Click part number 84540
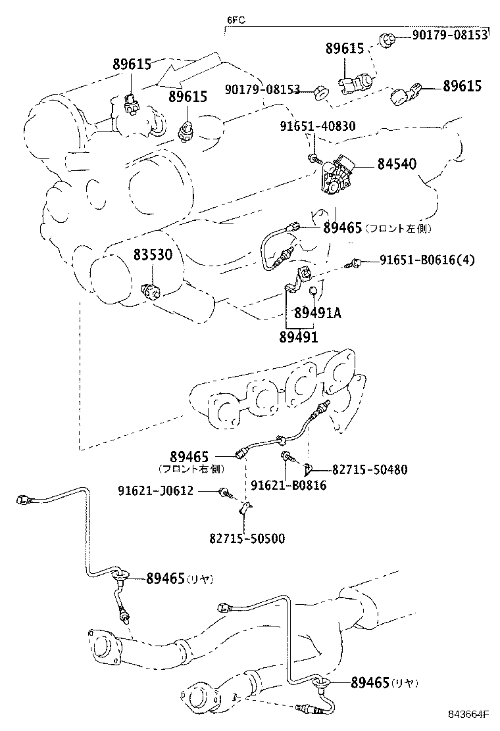pyautogui.click(x=397, y=164)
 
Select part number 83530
pyautogui.click(x=153, y=254)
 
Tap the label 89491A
pyautogui.click(x=317, y=313)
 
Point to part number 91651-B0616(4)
pyautogui.click(x=427, y=260)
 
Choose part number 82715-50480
pyautogui.click(x=370, y=469)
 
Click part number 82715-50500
pyautogui.click(x=247, y=539)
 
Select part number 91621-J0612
pyautogui.click(x=155, y=490)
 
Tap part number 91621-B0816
pyautogui.click(x=289, y=485)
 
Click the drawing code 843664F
pyautogui.click(x=468, y=715)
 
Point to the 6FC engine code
pyautogui.click(x=236, y=20)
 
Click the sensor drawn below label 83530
pyautogui.click(x=151, y=291)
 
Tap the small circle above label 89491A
pyautogui.click(x=314, y=291)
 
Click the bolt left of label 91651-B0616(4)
pyautogui.click(x=353, y=264)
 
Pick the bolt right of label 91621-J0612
pyautogui.click(x=226, y=492)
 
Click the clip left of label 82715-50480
pyautogui.click(x=309, y=468)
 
